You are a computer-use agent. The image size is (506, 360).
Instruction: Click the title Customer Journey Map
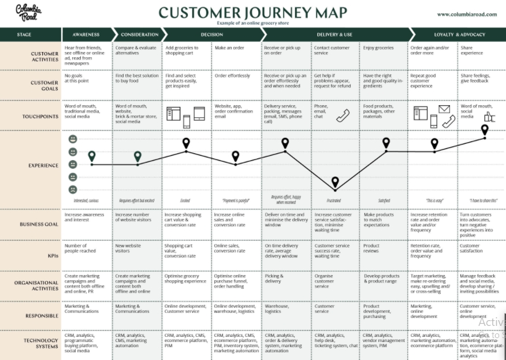tap(252, 12)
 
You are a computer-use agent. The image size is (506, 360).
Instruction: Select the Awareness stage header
tap(85, 35)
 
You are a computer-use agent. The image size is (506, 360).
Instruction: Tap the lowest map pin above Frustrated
tap(335, 183)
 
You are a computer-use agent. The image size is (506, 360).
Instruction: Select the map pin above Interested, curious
tap(92, 157)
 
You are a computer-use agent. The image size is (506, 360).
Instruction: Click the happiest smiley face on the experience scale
tap(73, 139)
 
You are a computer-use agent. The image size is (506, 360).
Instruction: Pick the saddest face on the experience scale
tap(73, 190)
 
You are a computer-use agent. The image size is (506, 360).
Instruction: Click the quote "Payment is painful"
tap(235, 201)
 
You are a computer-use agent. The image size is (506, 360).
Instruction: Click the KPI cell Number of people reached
tap(80, 248)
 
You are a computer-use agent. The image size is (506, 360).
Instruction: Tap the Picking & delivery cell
tap(276, 279)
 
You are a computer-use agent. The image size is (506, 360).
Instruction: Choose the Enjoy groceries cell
tap(378, 48)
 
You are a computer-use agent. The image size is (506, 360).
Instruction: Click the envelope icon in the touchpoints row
tap(444, 109)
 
